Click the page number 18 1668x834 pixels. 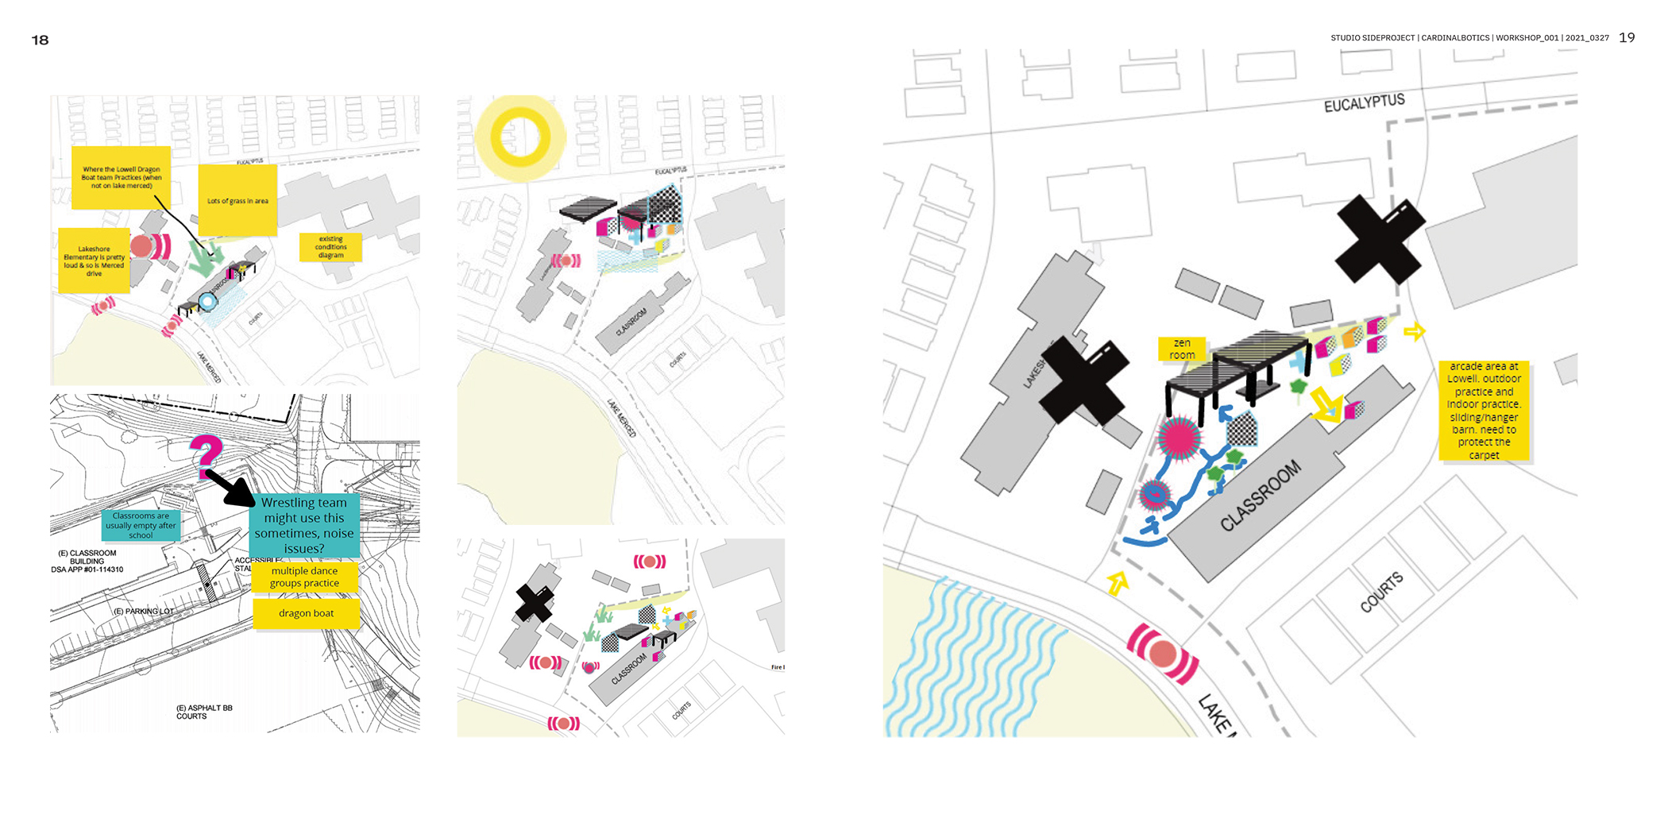pos(40,40)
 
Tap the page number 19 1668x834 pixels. pos(1627,37)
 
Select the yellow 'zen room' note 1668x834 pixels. pos(1182,349)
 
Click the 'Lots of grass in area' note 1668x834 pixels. pos(237,201)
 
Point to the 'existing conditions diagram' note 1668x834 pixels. pos(330,247)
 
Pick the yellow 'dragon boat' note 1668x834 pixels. pos(306,613)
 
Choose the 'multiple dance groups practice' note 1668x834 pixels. pos(304,577)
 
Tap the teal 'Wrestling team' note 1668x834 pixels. pos(304,525)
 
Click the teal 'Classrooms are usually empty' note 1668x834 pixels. pos(141,525)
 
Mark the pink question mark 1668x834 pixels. pos(206,454)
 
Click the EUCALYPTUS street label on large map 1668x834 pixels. pos(1364,103)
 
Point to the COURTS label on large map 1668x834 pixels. pos(1381,593)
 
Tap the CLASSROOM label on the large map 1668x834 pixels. pos(1261,496)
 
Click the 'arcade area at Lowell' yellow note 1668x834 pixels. pos(1484,411)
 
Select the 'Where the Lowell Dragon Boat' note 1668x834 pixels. pos(121,177)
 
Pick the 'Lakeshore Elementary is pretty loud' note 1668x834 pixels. pos(94,261)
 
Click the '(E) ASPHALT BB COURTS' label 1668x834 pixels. pos(203,712)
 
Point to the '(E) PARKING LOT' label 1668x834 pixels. pos(143,611)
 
